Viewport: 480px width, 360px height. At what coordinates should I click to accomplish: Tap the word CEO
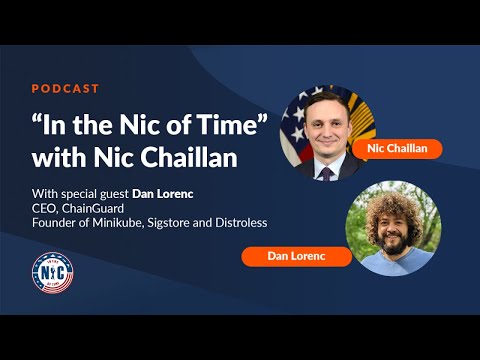coord(45,208)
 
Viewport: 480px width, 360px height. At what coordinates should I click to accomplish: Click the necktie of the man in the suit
coord(326,173)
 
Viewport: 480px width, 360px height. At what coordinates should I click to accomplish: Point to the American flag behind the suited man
coord(299,125)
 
